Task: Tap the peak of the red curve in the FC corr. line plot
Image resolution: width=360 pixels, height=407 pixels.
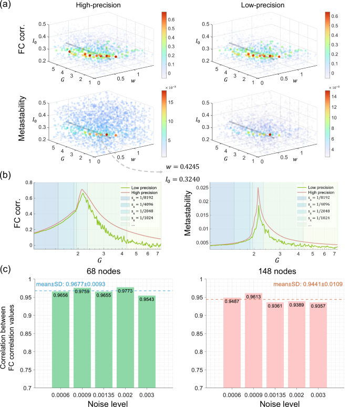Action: coord(82,190)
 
